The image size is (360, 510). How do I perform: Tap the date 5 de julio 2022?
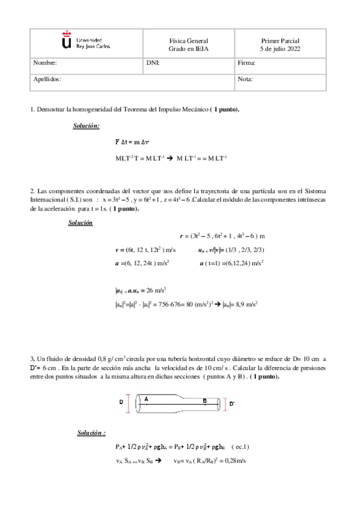[x=280, y=48]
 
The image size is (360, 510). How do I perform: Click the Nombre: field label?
[x=44, y=63]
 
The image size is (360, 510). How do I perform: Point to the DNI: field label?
[x=153, y=63]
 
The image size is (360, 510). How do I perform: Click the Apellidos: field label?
[x=47, y=79]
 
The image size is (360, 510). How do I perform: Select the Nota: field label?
[x=245, y=79]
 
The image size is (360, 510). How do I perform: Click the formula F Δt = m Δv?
[x=136, y=143]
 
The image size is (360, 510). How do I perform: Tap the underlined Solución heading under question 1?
[x=87, y=126]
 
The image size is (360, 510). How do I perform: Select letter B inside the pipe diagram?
[x=205, y=401]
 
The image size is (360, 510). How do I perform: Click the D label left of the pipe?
[x=121, y=401]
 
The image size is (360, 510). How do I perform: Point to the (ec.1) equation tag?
[x=240, y=446]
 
